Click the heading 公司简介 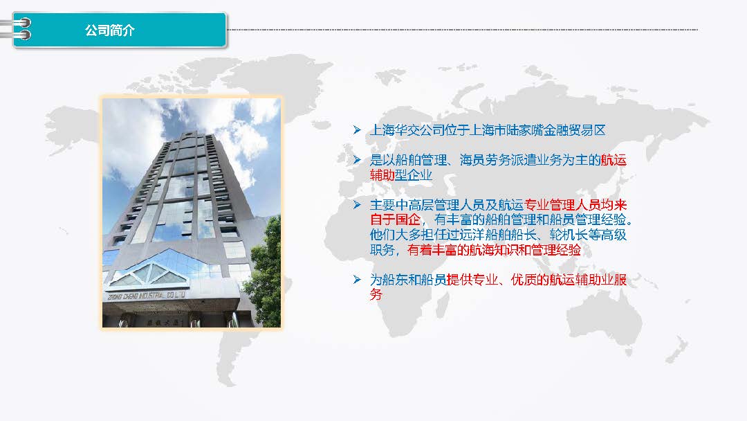pyautogui.click(x=109, y=30)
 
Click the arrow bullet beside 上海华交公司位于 pyautogui.click(x=357, y=129)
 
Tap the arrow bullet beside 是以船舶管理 pyautogui.click(x=357, y=160)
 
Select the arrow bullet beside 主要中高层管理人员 pyautogui.click(x=357, y=205)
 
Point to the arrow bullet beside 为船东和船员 pyautogui.click(x=357, y=279)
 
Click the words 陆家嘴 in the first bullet pyautogui.click(x=524, y=130)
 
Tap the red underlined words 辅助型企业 pyautogui.click(x=401, y=175)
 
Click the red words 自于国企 pyautogui.click(x=395, y=220)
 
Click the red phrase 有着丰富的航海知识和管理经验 pyautogui.click(x=494, y=250)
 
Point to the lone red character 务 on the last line pyautogui.click(x=376, y=295)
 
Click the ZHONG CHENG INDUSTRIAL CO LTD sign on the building pyautogui.click(x=146, y=296)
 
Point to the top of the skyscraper pyautogui.click(x=191, y=132)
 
